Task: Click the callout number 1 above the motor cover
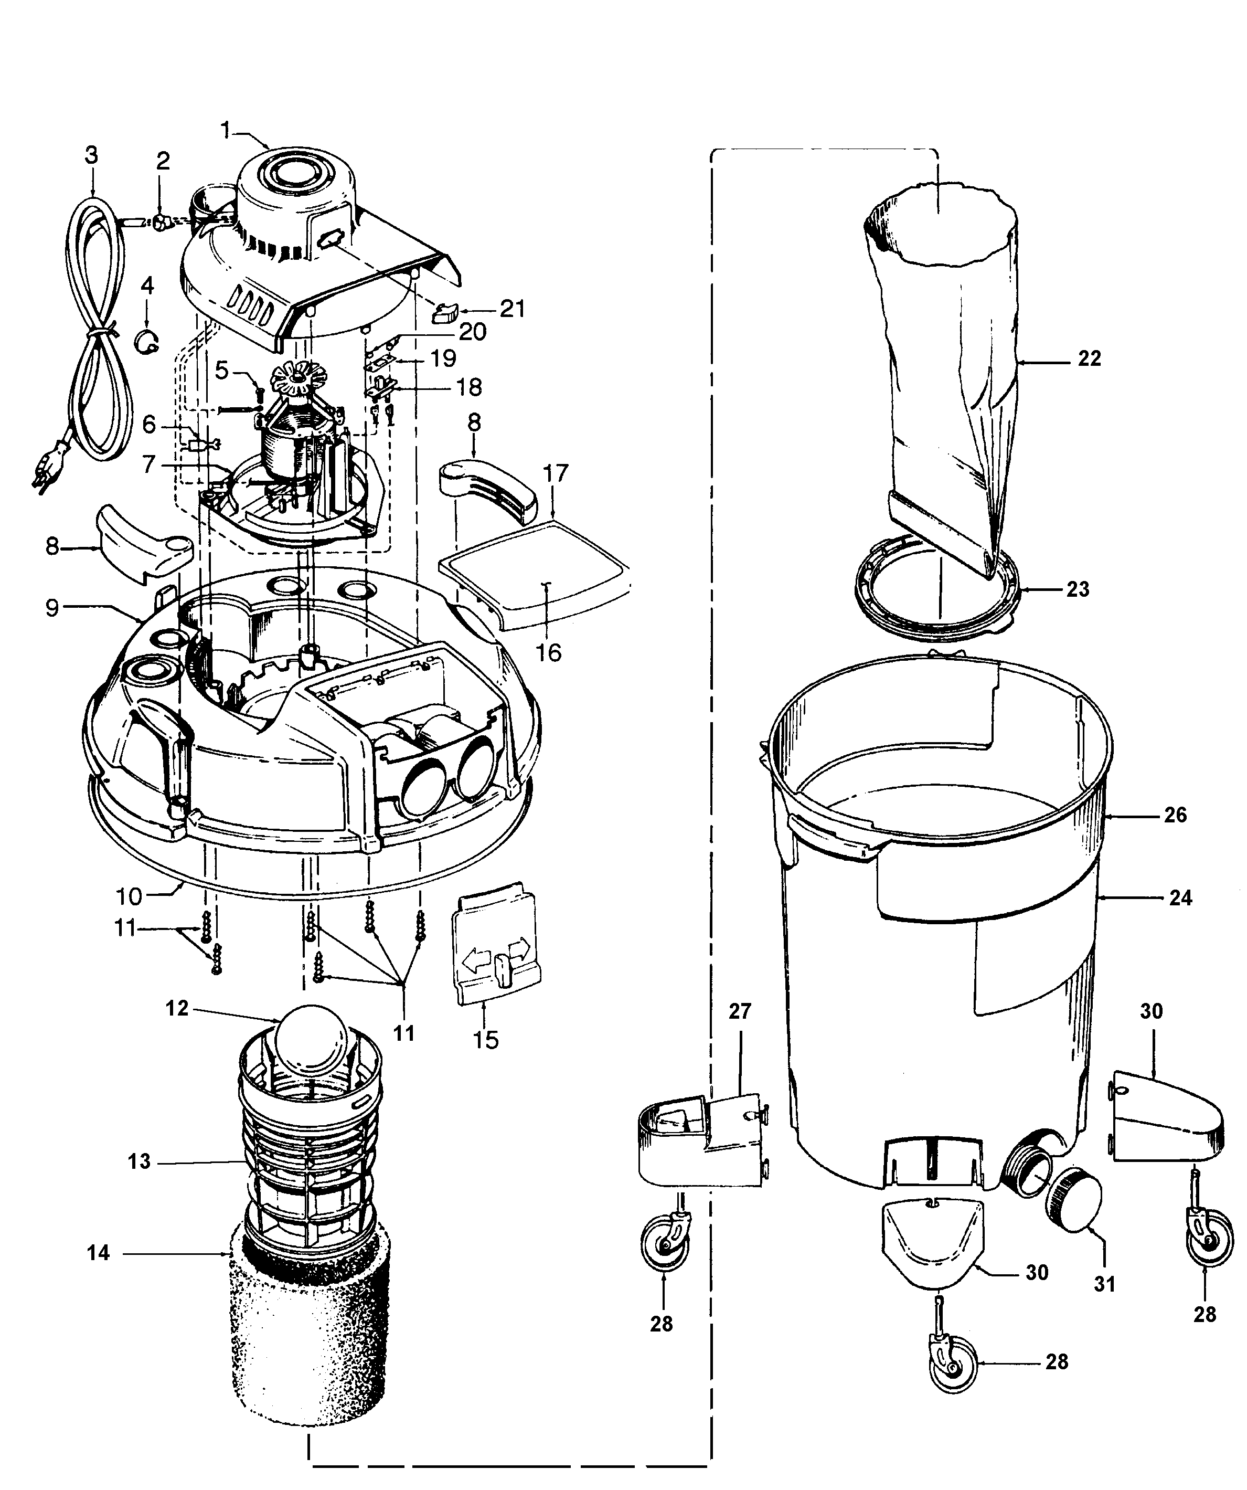[226, 130]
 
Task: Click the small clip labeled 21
[446, 311]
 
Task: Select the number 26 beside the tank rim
[1175, 815]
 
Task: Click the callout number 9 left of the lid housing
[52, 609]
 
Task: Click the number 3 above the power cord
[91, 155]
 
